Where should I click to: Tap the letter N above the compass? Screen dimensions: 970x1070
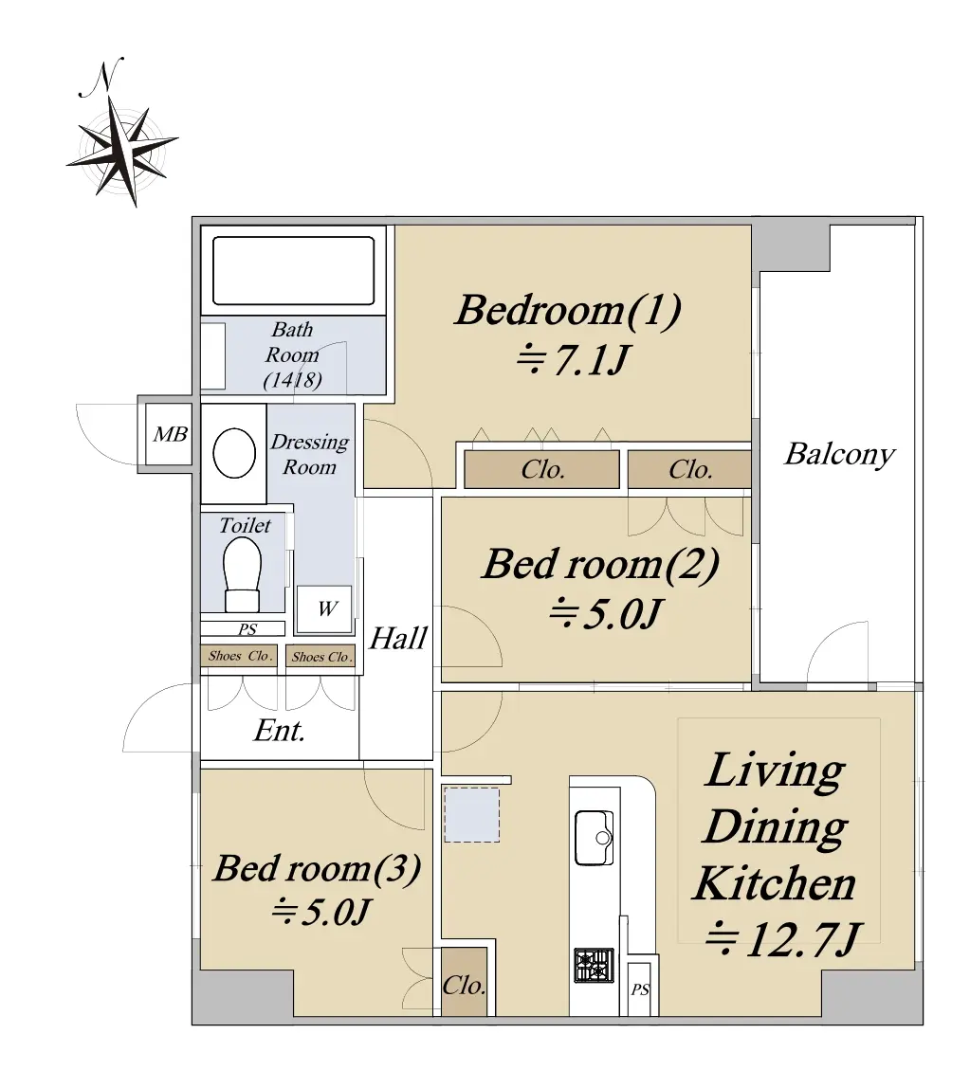[101, 77]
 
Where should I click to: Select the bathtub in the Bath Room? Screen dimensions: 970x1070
[294, 270]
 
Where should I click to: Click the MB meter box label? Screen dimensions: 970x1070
[170, 434]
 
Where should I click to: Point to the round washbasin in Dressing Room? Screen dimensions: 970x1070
[234, 452]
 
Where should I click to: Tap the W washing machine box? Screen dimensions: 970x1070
[325, 608]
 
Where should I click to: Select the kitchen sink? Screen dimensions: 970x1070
[594, 837]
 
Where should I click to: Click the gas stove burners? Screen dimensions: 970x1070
[594, 966]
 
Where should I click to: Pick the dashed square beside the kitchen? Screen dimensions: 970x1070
[471, 815]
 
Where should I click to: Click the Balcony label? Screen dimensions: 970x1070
[839, 455]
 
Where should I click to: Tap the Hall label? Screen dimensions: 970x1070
[398, 638]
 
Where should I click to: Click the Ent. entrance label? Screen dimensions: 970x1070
[279, 731]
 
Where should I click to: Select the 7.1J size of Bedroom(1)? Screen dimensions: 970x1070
[572, 359]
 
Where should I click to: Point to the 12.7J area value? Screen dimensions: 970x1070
[783, 939]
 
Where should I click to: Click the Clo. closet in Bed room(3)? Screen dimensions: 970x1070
[465, 983]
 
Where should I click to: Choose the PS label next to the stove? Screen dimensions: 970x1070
[640, 988]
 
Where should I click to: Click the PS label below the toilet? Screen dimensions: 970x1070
[247, 629]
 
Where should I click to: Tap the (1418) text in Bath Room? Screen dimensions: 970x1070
[293, 379]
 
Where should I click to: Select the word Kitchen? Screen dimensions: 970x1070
[775, 883]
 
